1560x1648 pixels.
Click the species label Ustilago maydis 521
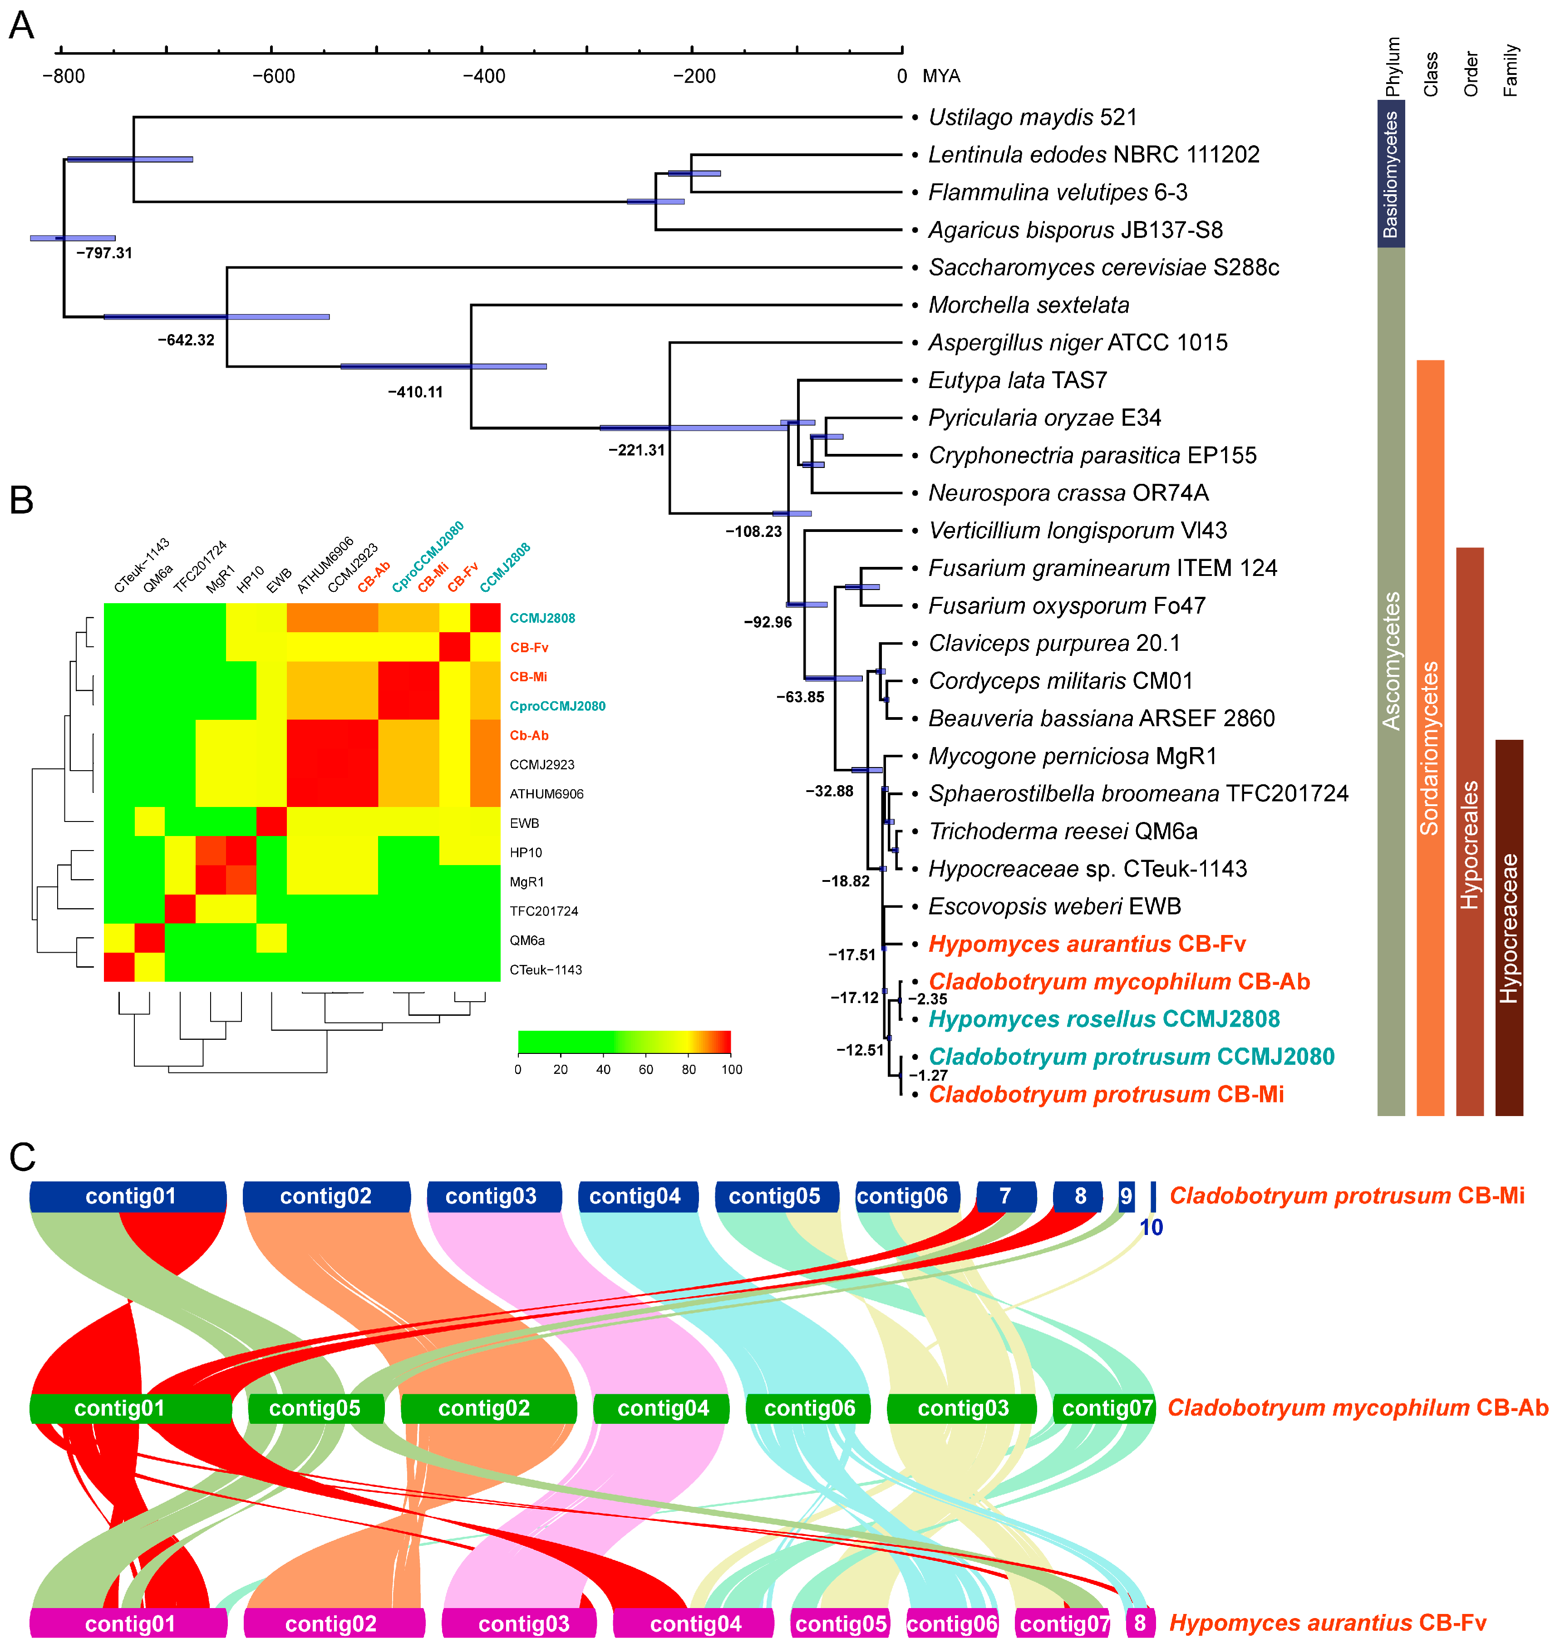[x=1032, y=117]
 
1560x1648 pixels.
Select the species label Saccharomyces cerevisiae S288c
[x=1103, y=268]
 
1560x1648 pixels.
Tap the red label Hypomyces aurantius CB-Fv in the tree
[x=1087, y=945]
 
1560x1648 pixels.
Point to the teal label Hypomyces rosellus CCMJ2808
[x=1103, y=1019]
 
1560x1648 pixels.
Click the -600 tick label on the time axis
[x=274, y=77]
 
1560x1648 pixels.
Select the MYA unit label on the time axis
[x=941, y=77]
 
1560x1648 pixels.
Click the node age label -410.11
[x=415, y=392]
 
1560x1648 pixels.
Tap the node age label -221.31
[x=636, y=450]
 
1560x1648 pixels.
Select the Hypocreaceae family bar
[x=1508, y=927]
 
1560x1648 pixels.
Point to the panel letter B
[x=22, y=500]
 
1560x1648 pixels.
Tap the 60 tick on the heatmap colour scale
[x=646, y=1069]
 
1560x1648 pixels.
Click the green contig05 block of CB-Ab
[x=315, y=1408]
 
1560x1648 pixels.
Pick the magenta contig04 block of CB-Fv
[x=695, y=1623]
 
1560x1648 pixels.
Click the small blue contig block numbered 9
[x=1126, y=1196]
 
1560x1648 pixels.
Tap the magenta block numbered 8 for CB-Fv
[x=1140, y=1623]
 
